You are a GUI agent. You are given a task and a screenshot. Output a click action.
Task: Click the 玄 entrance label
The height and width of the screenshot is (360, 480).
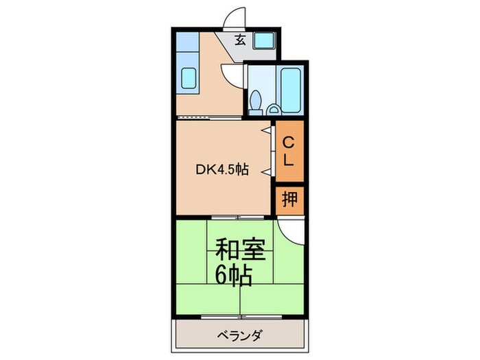[x=241, y=40]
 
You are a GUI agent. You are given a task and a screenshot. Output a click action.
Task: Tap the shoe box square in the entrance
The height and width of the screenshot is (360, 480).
[x=263, y=40]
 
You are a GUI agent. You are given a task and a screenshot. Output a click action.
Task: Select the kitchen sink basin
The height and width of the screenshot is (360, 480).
[x=188, y=80]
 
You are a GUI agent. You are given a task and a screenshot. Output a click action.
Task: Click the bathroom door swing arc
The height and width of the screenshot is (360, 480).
[x=233, y=74]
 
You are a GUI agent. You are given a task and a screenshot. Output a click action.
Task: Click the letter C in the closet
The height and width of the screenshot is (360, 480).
[x=289, y=143]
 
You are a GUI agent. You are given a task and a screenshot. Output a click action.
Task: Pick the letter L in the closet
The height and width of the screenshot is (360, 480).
[x=289, y=162]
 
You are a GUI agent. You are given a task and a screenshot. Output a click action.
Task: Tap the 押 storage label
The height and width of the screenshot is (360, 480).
[x=289, y=200]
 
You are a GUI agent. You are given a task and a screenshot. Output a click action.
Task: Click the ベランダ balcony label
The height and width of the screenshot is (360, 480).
[x=240, y=336]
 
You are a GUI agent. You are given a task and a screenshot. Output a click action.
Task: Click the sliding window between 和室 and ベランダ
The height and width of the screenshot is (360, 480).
[x=240, y=317]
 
